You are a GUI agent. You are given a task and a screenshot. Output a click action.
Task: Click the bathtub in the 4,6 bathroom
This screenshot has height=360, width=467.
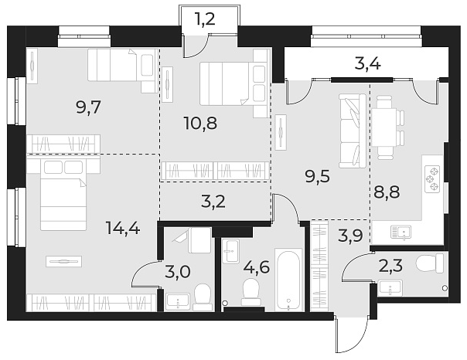coord(288,279)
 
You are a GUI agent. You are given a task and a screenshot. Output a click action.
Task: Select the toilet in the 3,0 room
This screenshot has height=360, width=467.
coord(203,297)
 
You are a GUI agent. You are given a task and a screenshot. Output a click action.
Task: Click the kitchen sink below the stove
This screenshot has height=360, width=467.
coord(402,230)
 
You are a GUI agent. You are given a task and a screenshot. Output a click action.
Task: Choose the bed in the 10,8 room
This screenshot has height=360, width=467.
coord(232,83)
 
